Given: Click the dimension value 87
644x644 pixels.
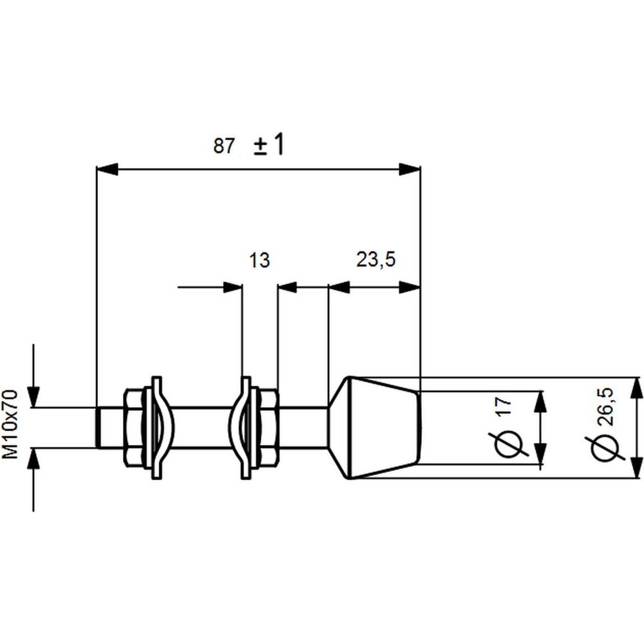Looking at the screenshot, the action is click(224, 146).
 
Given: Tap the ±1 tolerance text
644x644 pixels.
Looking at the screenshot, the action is click(269, 144).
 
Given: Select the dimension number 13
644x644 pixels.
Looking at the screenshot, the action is click(260, 260).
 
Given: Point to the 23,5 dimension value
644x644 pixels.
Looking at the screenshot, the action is click(376, 260).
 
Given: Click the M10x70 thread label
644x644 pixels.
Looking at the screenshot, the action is click(11, 424).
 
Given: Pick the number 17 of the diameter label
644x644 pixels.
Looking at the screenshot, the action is click(505, 406).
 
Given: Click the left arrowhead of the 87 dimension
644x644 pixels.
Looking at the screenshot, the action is click(107, 169).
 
